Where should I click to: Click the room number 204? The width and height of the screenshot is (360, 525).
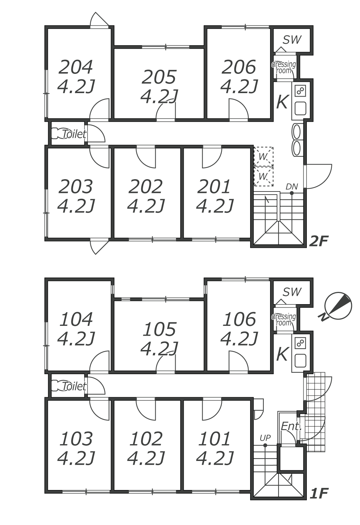tap(76, 67)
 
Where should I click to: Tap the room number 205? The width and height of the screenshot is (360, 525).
tap(159, 77)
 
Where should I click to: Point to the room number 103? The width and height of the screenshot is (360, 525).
tap(76, 439)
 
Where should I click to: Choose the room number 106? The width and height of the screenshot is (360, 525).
tap(239, 319)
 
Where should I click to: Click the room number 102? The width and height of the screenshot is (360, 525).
tap(146, 439)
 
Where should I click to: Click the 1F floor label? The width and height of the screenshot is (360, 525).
tap(319, 493)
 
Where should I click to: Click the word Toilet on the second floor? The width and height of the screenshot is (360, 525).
tap(74, 134)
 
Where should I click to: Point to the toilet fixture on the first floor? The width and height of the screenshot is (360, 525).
tap(56, 386)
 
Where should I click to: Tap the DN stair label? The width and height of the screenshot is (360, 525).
tap(291, 187)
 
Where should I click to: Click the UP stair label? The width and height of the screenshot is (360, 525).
tap(265, 438)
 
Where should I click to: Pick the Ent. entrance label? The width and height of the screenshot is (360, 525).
tap(291, 426)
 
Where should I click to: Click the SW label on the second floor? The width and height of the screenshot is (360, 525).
tap(292, 40)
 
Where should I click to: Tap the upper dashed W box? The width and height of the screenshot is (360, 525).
tap(263, 156)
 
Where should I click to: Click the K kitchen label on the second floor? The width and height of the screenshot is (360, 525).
tap(282, 102)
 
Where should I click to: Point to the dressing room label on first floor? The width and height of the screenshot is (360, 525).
tap(284, 320)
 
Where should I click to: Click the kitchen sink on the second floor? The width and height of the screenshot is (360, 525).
tap(300, 108)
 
